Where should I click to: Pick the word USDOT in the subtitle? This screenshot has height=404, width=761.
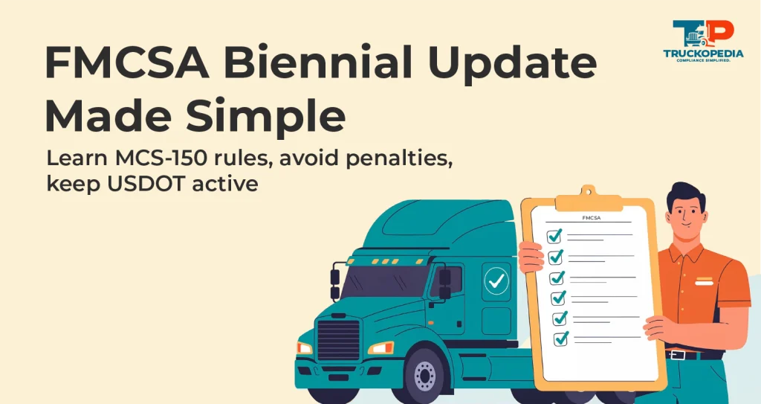pos(149,183)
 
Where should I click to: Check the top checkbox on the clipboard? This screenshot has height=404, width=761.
pos(554,236)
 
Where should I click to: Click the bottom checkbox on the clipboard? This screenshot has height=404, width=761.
pos(560,339)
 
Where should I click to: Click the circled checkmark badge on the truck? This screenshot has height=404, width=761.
pos(496,282)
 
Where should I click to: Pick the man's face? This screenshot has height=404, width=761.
pos(689,212)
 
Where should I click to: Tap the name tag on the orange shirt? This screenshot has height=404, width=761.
pos(702,282)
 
